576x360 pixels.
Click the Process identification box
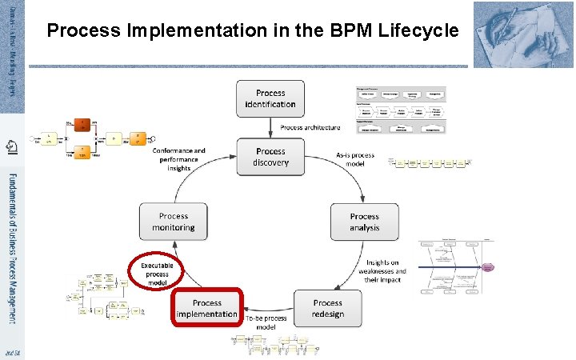pos(270,98)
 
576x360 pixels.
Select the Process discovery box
pos(270,157)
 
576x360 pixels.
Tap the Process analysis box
pos(364,222)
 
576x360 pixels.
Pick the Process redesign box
pos(327,308)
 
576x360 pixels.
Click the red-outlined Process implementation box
pos(207,308)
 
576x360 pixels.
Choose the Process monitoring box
pos(174,222)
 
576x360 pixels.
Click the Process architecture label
pos(310,127)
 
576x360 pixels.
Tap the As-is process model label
pos(355,159)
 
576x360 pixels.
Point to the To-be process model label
pos(266,322)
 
